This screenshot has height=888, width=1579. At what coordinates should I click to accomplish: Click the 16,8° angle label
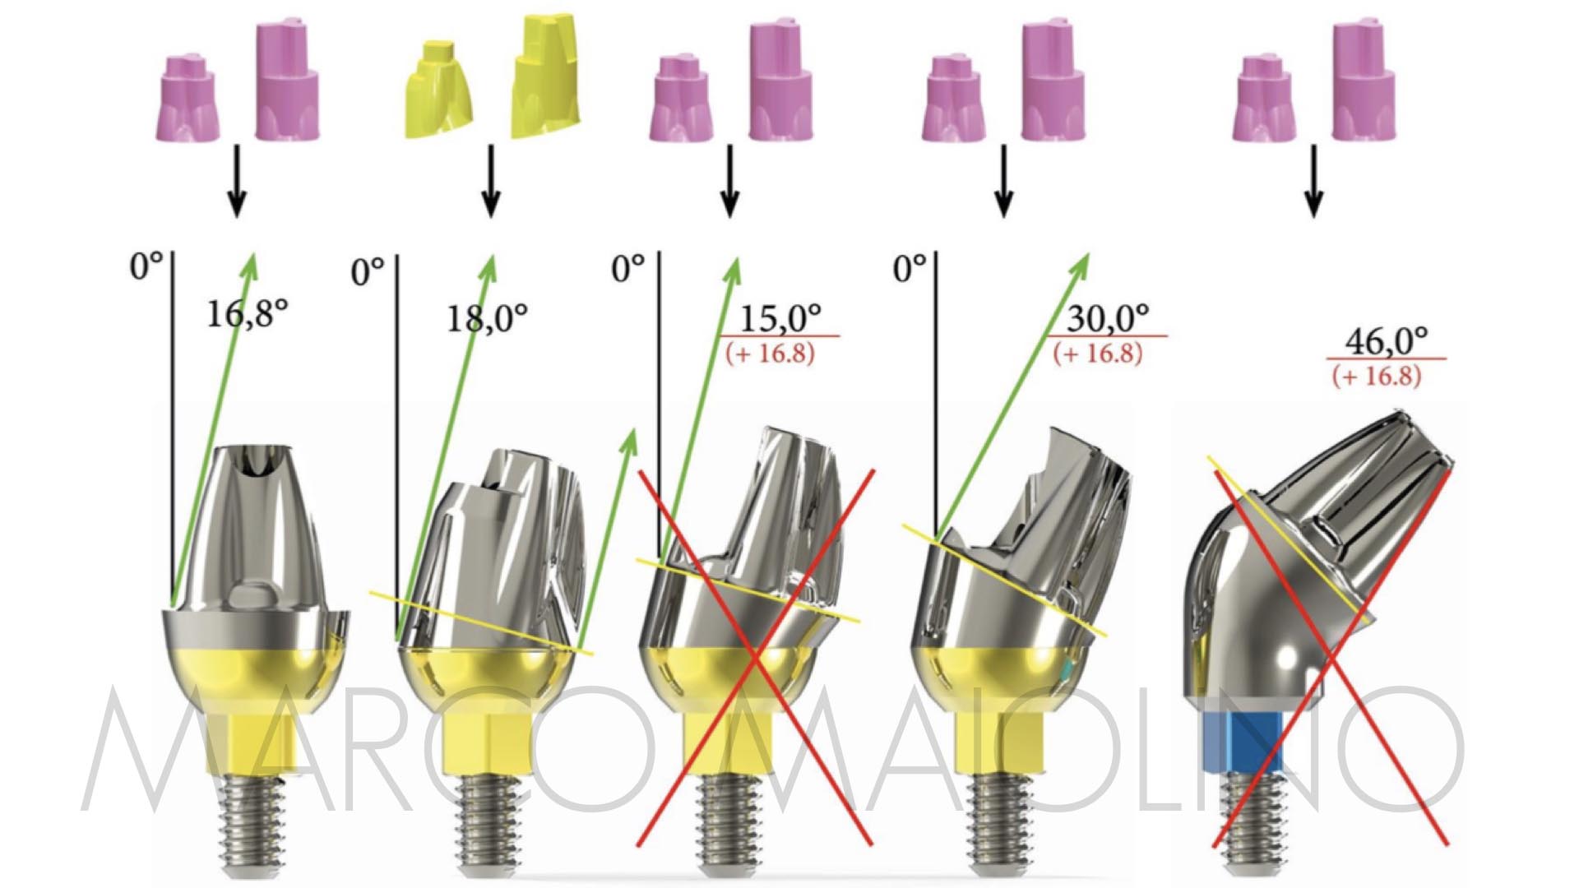247,313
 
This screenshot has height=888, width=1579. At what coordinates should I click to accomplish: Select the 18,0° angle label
487,317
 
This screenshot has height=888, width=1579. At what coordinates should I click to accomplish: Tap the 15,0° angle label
780,317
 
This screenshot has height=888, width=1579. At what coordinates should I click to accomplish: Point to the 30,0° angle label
1108,317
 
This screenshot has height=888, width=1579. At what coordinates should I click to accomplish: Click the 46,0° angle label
1387,340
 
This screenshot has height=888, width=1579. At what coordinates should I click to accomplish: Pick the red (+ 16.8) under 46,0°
1377,377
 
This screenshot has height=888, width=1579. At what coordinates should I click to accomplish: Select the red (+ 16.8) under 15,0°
770,354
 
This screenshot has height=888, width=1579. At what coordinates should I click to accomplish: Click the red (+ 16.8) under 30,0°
1098,354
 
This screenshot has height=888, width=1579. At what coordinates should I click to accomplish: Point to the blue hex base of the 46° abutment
1242,741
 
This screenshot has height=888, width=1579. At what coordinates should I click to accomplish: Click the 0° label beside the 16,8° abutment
146,266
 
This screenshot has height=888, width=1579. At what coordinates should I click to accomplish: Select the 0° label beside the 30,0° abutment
910,268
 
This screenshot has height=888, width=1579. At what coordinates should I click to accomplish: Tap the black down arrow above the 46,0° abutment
1313,182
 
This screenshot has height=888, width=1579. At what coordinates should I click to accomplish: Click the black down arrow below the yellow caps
491,182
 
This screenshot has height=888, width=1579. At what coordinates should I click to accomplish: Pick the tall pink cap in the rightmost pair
1364,81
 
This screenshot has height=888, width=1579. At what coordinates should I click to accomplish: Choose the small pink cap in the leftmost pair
188,98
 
